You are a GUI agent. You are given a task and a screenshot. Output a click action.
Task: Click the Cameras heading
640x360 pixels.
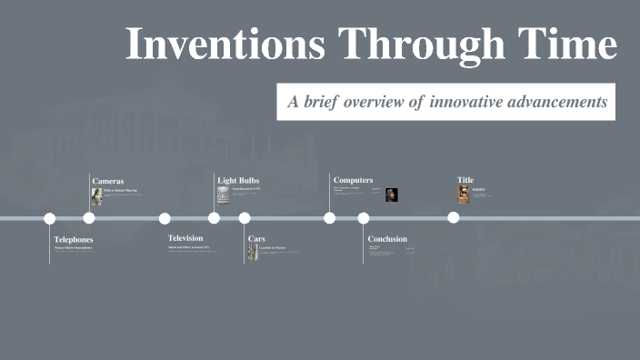[107, 181]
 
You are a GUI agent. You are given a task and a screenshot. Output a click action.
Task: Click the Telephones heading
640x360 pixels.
[74, 239]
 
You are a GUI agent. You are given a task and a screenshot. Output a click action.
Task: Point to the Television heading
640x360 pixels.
[185, 238]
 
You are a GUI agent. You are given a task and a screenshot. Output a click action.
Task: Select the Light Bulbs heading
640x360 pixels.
[238, 180]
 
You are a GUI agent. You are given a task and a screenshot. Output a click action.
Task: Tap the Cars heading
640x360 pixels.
[256, 239]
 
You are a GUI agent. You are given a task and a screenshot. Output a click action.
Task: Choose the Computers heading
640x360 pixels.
[353, 180]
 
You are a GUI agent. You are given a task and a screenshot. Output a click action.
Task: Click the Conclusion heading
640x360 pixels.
[387, 239]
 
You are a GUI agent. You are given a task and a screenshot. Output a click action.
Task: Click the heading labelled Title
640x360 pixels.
[465, 180]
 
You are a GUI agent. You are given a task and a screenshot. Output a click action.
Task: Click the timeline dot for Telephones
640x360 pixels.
[50, 218]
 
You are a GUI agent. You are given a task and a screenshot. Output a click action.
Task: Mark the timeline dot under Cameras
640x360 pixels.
[89, 218]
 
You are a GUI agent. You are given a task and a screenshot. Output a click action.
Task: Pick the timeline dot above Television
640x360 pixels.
[165, 218]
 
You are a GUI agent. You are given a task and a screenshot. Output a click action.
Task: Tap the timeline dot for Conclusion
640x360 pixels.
[364, 218]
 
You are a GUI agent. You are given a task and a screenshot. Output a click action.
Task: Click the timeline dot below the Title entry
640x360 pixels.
[453, 218]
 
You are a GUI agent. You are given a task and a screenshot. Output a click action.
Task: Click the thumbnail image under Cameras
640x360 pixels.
[96, 196]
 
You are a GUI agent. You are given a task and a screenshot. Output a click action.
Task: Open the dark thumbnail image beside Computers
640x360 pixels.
[392, 195]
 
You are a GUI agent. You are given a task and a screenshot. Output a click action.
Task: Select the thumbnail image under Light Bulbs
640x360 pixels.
[223, 196]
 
